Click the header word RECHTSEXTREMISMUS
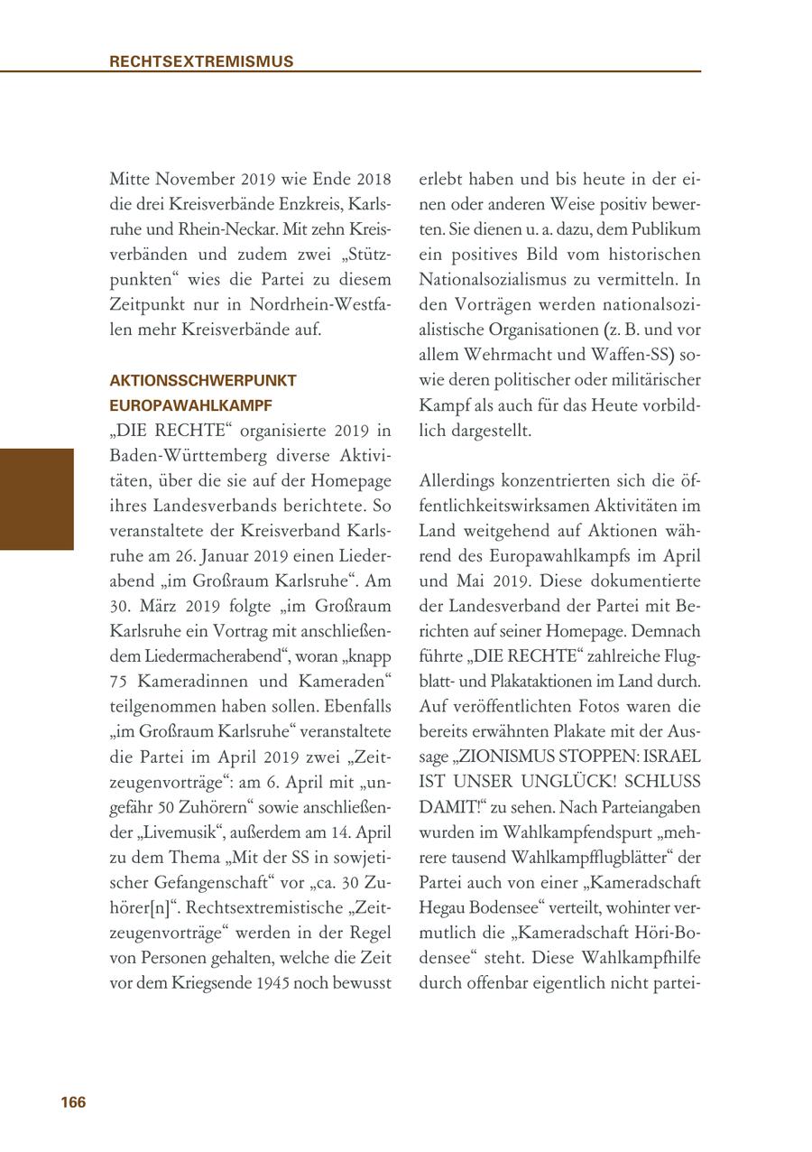pos(201,61)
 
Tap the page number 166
pos(73,1102)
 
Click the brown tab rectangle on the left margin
pos(37,498)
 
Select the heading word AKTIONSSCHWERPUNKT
pos(203,381)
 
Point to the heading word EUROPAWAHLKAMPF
pos(190,406)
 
